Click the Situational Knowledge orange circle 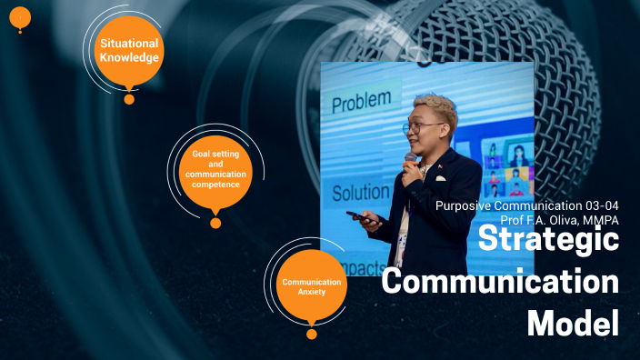pyautogui.click(x=129, y=51)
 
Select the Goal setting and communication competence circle pyautogui.click(x=215, y=172)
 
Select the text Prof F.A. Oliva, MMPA pyautogui.click(x=559, y=219)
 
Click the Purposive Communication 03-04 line pyautogui.click(x=527, y=205)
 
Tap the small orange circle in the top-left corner pyautogui.click(x=20, y=16)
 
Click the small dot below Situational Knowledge pyautogui.click(x=129, y=99)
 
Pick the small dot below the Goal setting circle pyautogui.click(x=215, y=223)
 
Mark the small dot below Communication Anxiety pyautogui.click(x=312, y=335)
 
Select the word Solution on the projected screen pyautogui.click(x=361, y=193)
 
